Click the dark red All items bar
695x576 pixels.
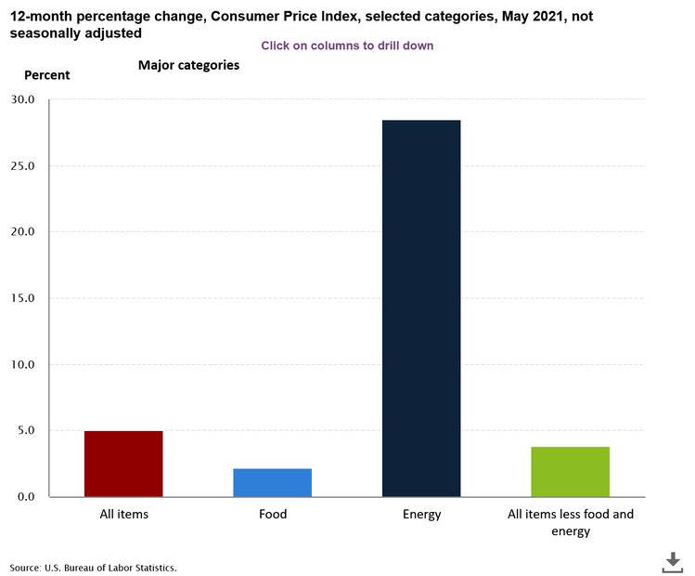coord(123,464)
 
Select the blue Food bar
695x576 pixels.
coord(272,482)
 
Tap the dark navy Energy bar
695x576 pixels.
coord(421,308)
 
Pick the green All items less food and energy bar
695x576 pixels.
coord(570,471)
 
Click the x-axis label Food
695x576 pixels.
coord(272,514)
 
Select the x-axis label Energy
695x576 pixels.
coord(421,514)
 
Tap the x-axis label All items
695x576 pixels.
coord(123,514)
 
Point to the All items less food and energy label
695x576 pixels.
coord(570,522)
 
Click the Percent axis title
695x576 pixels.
coord(46,75)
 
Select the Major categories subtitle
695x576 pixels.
coord(188,65)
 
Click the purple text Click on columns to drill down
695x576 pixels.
coord(347,46)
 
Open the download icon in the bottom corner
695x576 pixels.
coord(672,561)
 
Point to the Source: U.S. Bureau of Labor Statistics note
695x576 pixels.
coord(93,567)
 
